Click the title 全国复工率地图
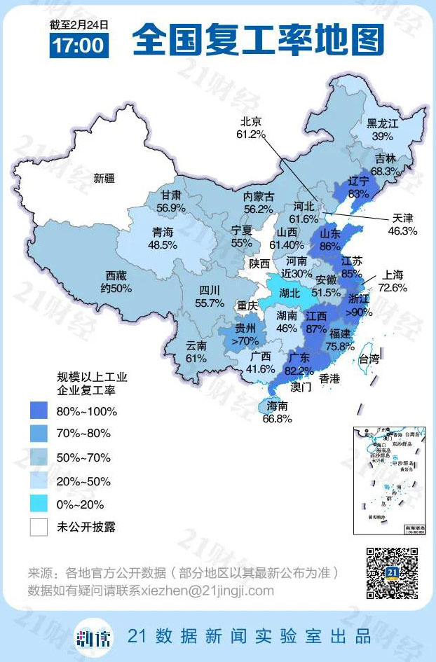(258, 39)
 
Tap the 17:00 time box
(78, 46)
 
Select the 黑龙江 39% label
(382, 130)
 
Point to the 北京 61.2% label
(252, 127)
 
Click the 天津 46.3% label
(402, 224)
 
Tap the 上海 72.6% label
(393, 282)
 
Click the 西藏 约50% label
(117, 282)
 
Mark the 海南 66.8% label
(277, 412)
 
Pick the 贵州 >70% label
(243, 334)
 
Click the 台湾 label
(368, 359)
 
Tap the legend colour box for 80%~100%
(39, 411)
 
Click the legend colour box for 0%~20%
(39, 504)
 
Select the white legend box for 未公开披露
(39, 527)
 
